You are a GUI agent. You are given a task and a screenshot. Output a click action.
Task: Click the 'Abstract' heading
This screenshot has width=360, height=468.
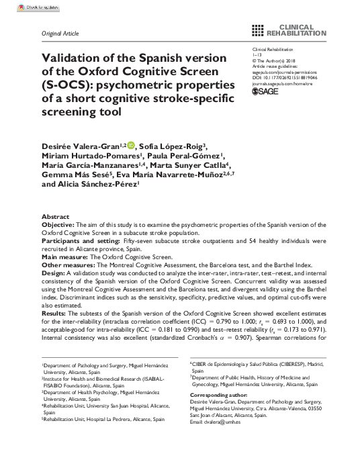click(x=54, y=216)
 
